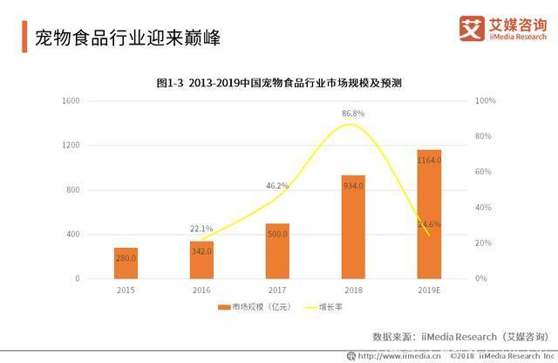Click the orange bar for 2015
tap(126, 263)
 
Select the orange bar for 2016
tap(201, 260)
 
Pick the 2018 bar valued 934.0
tap(353, 227)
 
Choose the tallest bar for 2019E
tap(429, 214)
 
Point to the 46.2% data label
tap(277, 186)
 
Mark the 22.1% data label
tap(201, 229)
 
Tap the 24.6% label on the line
tap(429, 224)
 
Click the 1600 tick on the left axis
tap(71, 101)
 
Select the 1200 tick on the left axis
tap(71, 146)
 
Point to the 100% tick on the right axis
tap(485, 101)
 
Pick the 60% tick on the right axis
tap(483, 172)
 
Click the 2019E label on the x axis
tap(429, 289)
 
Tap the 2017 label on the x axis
tap(277, 289)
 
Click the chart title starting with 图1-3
tap(278, 82)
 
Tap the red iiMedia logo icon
tap(472, 27)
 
